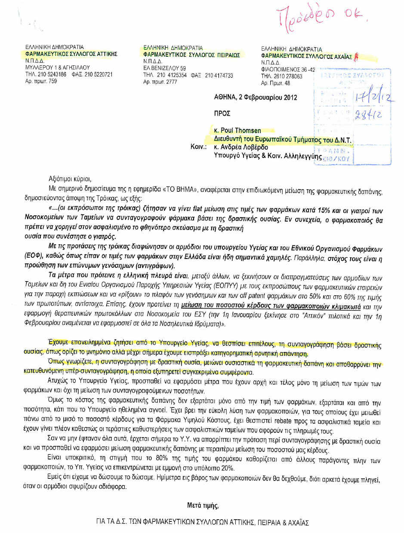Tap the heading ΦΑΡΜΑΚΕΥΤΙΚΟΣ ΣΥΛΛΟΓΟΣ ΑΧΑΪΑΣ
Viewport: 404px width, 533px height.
pyautogui.click(x=306, y=56)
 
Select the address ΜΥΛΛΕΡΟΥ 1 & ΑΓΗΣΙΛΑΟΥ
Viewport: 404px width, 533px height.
pyautogui.click(x=57, y=67)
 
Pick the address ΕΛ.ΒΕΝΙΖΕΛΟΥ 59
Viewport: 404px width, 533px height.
pyautogui.click(x=165, y=68)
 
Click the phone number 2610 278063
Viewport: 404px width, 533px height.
pyautogui.click(x=287, y=77)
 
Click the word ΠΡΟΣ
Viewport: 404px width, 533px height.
pyautogui.click(x=222, y=113)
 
